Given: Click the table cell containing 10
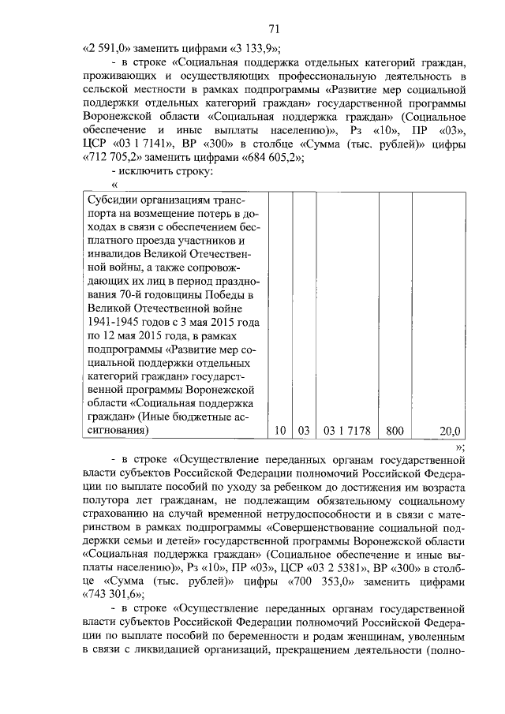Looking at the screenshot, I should click(x=279, y=431).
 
